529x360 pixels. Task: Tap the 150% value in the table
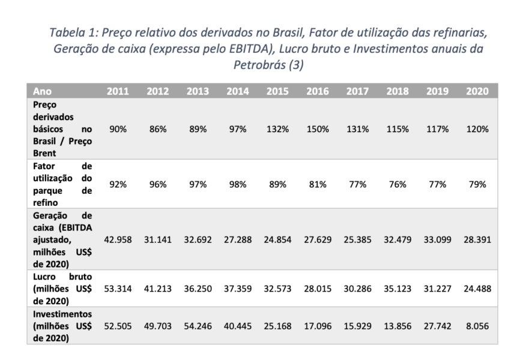pyautogui.click(x=317, y=129)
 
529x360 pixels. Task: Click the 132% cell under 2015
pyautogui.click(x=277, y=129)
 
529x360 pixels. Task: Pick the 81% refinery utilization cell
pyautogui.click(x=317, y=185)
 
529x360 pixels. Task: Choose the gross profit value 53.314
pyautogui.click(x=118, y=289)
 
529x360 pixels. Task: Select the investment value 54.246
pyautogui.click(x=198, y=328)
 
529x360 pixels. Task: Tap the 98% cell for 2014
pyautogui.click(x=237, y=185)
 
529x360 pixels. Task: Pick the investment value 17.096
pyautogui.click(x=317, y=328)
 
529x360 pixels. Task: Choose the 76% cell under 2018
pyautogui.click(x=397, y=185)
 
